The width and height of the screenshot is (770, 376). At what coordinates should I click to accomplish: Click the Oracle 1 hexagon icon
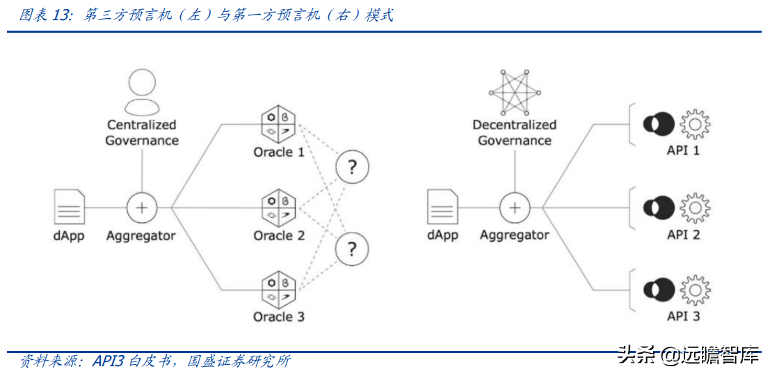pyautogui.click(x=278, y=125)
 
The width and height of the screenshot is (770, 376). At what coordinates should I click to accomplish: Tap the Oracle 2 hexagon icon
pyautogui.click(x=278, y=207)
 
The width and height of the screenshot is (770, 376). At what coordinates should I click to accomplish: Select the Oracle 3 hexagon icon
pyautogui.click(x=278, y=289)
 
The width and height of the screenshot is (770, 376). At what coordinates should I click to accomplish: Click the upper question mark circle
pyautogui.click(x=352, y=167)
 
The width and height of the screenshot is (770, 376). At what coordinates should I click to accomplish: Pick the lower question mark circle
pyautogui.click(x=352, y=248)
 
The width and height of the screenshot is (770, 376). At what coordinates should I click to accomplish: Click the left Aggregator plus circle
pyautogui.click(x=142, y=207)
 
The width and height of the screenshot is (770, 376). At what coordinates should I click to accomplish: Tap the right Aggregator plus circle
pyautogui.click(x=515, y=207)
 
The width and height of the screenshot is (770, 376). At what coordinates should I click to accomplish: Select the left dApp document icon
pyautogui.click(x=70, y=207)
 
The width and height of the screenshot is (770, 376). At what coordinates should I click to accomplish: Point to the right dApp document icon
pyautogui.click(x=442, y=207)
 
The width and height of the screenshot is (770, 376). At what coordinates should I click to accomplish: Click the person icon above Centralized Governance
pyautogui.click(x=142, y=94)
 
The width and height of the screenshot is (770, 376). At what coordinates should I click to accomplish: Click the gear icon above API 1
pyautogui.click(x=694, y=125)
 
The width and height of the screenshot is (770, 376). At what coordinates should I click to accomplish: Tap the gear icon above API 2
pyautogui.click(x=694, y=207)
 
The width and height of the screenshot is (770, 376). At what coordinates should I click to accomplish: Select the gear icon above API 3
pyautogui.click(x=694, y=290)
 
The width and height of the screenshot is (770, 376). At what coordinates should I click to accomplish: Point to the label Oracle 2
pyautogui.click(x=279, y=235)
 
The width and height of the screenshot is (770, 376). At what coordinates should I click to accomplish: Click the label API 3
pyautogui.click(x=683, y=316)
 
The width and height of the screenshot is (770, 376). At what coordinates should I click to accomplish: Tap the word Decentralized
pyautogui.click(x=515, y=125)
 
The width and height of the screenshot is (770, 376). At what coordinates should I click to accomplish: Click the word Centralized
pyautogui.click(x=142, y=125)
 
